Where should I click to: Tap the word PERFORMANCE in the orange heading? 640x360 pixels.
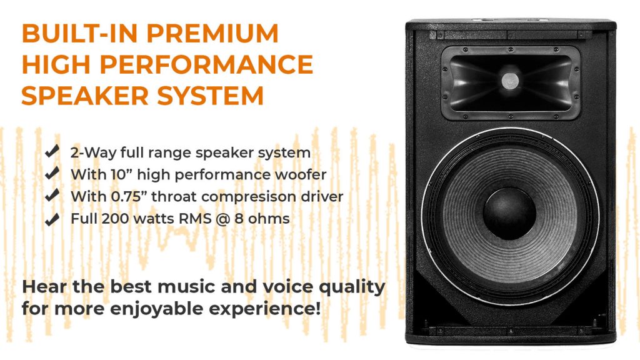pos(206,64)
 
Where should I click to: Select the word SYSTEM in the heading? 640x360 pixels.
pos(211,96)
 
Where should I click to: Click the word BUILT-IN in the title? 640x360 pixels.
pos(79,33)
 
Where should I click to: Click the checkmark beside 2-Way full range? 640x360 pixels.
pos(52,151)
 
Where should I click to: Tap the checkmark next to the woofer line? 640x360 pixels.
pos(52,173)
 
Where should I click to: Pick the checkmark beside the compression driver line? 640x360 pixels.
pos(52,195)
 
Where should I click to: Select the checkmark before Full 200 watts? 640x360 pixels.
pos(52,219)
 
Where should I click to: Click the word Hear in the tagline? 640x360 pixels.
pos(44,286)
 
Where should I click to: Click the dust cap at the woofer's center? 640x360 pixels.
pos(509,213)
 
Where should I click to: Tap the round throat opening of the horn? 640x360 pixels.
pos(510,81)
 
